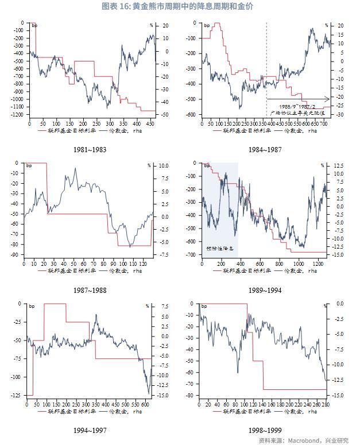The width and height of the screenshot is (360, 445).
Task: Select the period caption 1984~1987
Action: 265,150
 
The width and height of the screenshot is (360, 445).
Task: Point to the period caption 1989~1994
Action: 265,290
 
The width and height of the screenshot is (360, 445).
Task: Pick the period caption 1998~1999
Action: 265,430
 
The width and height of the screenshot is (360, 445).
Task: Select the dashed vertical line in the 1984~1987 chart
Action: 266,69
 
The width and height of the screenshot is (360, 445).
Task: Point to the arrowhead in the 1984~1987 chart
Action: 328,99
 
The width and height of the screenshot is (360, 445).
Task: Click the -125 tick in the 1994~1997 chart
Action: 18,396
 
